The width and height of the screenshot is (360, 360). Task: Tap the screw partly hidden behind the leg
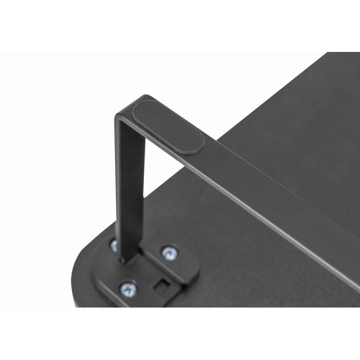point(114,245)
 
